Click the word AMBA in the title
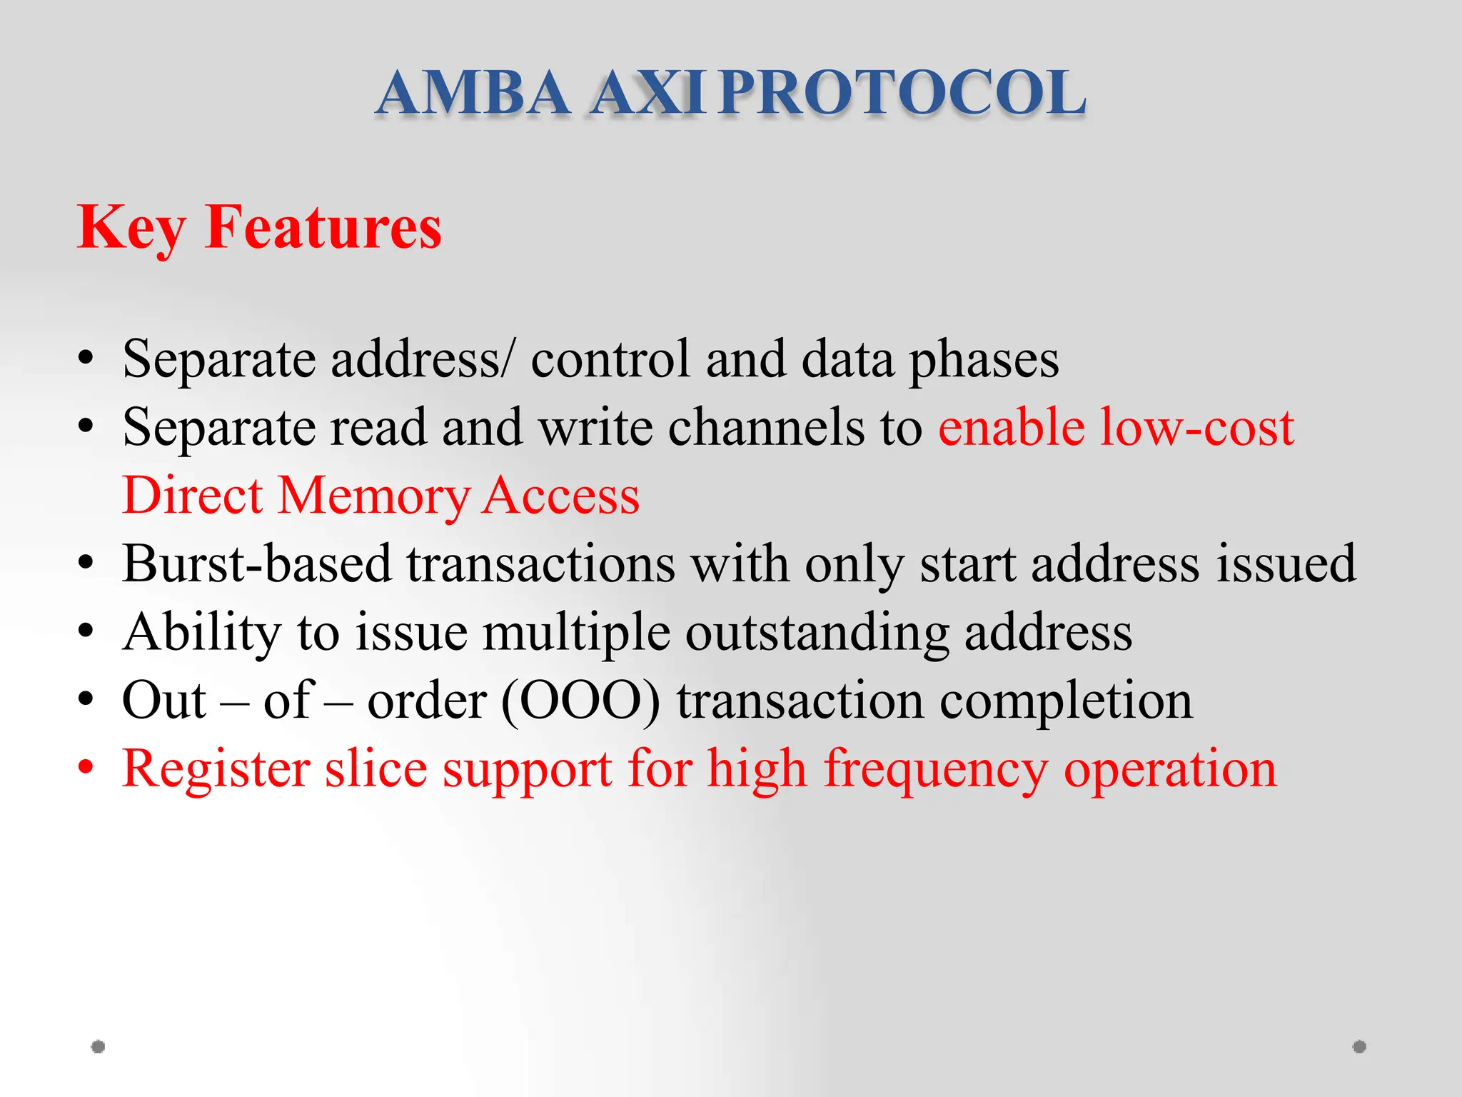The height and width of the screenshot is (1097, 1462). tap(473, 93)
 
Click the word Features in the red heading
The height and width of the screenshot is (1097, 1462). tap(323, 227)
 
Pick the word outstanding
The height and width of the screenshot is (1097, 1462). tap(817, 633)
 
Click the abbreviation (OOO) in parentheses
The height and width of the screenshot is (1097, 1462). tap(580, 701)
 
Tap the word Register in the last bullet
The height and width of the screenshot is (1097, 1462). tap(216, 770)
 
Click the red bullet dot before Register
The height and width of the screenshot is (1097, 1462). tap(86, 768)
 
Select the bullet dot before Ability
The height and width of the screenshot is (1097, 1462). tap(86, 631)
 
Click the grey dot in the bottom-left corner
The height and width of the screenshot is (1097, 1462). tap(99, 1046)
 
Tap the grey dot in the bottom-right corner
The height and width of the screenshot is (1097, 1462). tap(1359, 1046)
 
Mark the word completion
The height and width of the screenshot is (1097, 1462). tap(1066, 701)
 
